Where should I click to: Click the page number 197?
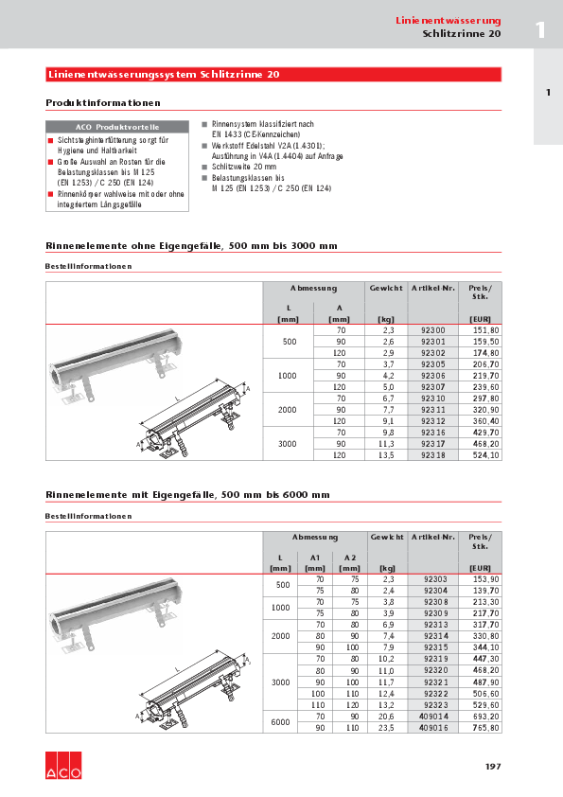(493, 766)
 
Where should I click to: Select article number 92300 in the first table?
(432, 329)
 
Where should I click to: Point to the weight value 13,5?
(385, 454)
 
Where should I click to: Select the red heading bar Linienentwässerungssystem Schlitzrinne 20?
(273, 74)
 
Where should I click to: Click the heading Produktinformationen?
(103, 102)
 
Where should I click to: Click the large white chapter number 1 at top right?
(540, 29)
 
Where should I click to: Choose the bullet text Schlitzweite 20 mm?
(244, 166)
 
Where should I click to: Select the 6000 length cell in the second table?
(280, 722)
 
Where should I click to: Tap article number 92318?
(432, 454)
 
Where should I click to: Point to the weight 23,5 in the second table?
(385, 728)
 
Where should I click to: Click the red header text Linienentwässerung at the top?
(448, 20)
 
